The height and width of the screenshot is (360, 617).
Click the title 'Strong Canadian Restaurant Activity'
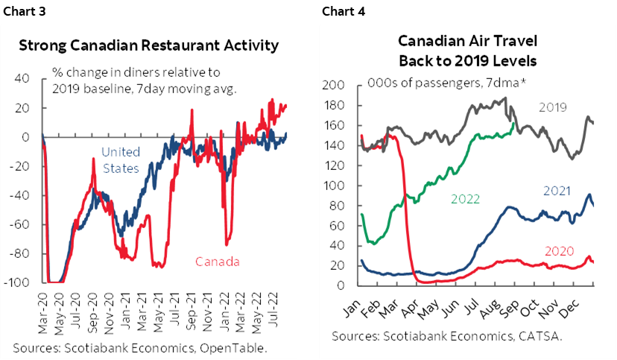(x=148, y=45)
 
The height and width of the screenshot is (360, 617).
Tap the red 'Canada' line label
(x=218, y=262)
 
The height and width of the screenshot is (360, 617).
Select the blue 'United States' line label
(x=120, y=161)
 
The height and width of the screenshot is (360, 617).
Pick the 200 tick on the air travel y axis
(x=333, y=85)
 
